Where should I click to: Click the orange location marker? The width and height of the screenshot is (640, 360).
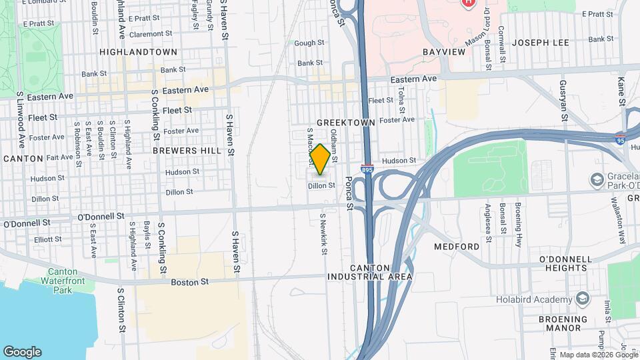click(320, 160)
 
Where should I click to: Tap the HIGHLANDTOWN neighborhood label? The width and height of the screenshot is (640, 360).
click(138, 52)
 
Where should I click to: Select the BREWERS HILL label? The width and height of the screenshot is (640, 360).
click(187, 151)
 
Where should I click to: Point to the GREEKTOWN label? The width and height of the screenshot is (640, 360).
click(346, 123)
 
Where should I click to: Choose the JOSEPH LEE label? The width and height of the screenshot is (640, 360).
click(541, 43)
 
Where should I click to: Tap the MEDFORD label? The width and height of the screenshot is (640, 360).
click(457, 247)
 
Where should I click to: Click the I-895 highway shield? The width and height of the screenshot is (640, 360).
click(367, 170)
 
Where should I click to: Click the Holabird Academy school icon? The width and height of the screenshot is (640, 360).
click(584, 297)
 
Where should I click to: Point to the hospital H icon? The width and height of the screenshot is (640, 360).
click(469, 3)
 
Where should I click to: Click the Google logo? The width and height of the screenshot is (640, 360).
click(22, 352)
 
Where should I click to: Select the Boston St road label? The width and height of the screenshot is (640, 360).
click(190, 283)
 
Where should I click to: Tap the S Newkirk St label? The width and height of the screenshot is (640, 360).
click(323, 234)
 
